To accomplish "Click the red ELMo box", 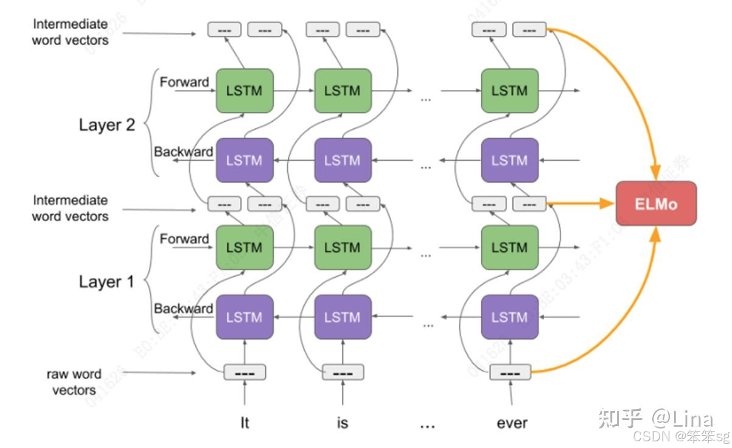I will (x=656, y=203).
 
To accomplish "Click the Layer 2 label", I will (x=106, y=125).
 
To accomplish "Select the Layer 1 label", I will (x=106, y=282).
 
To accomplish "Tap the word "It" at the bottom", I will (x=245, y=423).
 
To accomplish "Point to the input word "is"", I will (x=343, y=423).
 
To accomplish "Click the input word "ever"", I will (x=512, y=423).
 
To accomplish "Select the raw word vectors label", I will (x=74, y=382).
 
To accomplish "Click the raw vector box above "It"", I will (x=245, y=372).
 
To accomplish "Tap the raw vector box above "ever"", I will (x=511, y=372).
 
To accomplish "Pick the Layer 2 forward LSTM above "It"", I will (x=245, y=91).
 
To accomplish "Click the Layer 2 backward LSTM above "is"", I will (x=343, y=160).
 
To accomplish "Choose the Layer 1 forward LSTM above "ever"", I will (x=509, y=247).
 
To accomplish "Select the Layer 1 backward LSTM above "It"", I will (x=245, y=317).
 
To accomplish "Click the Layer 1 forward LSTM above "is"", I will (x=343, y=247).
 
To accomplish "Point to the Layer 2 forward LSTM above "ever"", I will (x=509, y=91).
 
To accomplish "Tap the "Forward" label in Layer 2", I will (x=184, y=82).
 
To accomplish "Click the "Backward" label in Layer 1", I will (x=183, y=309).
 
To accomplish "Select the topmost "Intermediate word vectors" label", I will (x=70, y=32).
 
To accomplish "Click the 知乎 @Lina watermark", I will (x=655, y=418).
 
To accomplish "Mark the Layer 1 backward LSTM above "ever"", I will (x=509, y=317).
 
